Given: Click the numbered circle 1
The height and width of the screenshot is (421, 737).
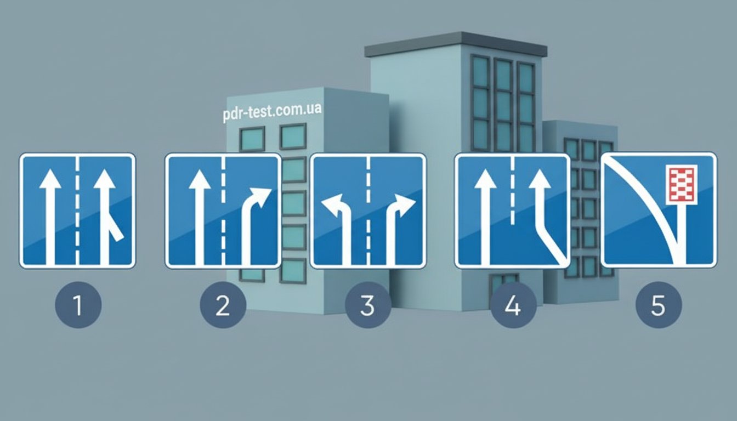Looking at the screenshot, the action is coord(78,305).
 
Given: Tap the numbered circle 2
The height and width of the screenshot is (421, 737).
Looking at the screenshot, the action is coord(223,305).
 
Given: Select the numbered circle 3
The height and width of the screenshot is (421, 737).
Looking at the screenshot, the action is coord(368,305).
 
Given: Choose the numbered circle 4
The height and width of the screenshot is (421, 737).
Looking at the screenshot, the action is coord(513,305).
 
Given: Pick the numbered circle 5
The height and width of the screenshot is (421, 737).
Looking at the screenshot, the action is coord(659,305).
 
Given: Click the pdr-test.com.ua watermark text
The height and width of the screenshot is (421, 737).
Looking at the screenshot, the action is coord(272,112).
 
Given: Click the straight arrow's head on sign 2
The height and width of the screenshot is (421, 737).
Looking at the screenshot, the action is coord(200,179).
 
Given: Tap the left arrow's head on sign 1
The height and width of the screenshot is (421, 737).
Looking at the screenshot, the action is coord(50,179).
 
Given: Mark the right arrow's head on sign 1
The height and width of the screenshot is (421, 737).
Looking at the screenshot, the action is coord(105,179).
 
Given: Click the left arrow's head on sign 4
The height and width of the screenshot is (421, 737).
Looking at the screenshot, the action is coord(485,179).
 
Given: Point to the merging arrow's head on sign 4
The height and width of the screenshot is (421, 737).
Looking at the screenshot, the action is coord(540,179).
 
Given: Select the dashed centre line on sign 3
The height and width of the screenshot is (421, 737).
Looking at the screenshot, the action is coord(368,210).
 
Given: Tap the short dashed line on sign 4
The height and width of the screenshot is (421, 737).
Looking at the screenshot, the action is coord(512,191).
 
